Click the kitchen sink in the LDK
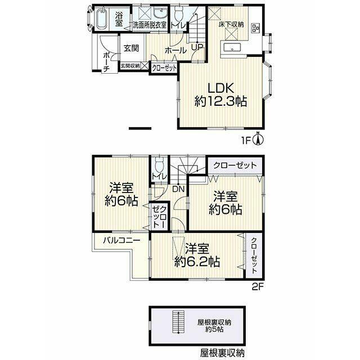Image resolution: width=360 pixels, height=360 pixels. [232, 48]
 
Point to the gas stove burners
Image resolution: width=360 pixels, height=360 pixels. [256, 28]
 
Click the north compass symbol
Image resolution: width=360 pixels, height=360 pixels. [258, 138]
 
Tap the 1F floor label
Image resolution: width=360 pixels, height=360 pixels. [246, 140]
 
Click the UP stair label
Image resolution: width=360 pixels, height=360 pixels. [197, 47]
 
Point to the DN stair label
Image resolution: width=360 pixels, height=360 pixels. [178, 189]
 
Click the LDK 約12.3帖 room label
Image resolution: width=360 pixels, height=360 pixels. [220, 94]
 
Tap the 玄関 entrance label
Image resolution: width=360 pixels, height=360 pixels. [131, 48]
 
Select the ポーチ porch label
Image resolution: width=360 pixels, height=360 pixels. [106, 62]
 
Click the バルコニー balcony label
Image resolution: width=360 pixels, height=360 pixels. [121, 240]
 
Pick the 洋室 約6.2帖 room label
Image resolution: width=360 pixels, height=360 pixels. [197, 255]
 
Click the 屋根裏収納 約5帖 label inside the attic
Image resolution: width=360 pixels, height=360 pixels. [214, 326]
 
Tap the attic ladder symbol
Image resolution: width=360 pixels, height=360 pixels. [178, 322]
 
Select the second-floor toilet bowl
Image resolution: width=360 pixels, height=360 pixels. [159, 165]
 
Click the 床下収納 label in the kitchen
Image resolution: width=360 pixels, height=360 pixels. [231, 25]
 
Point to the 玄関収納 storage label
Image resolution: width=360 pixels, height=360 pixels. [130, 66]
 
